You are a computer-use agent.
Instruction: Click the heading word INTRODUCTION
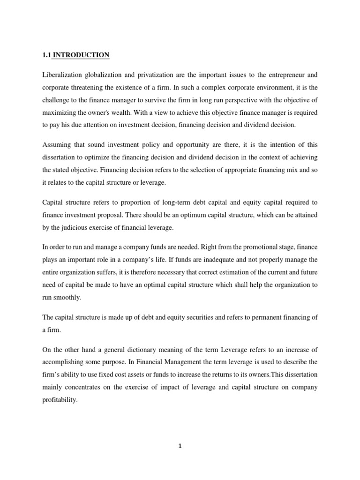coord(81,55)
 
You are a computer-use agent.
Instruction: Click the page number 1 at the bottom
coord(180,447)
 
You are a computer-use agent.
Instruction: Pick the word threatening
coord(92,87)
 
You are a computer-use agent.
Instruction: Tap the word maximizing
coord(61,112)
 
